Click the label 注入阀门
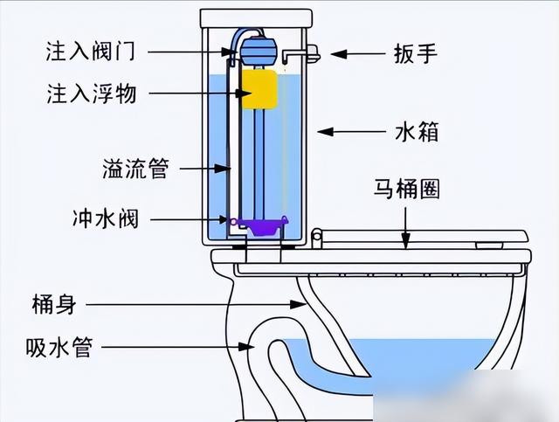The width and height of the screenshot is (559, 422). [x=90, y=51]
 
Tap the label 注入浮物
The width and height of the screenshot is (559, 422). [x=90, y=93]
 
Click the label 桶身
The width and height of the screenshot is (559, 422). [x=55, y=304]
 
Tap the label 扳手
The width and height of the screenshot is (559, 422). [x=415, y=54]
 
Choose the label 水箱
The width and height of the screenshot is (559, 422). [x=415, y=132]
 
